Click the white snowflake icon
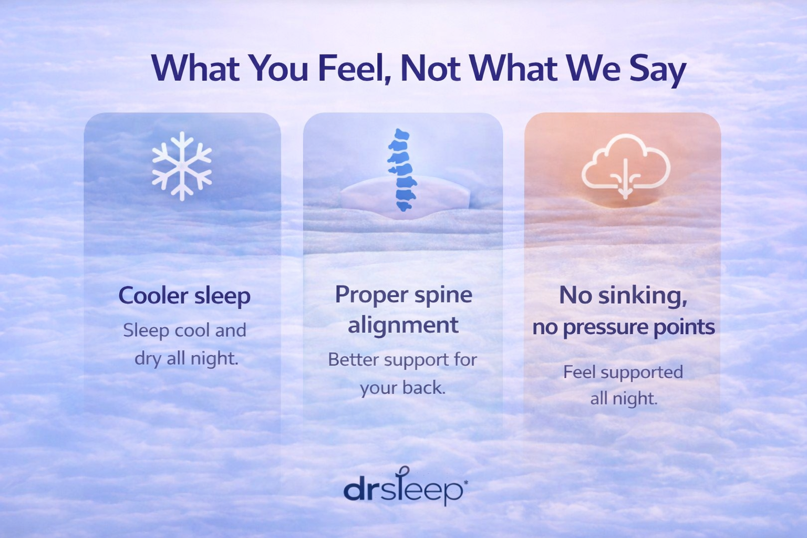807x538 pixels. point(182,166)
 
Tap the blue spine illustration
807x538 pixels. point(402,170)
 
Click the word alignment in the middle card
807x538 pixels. point(403,325)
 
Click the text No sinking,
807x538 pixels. point(623,295)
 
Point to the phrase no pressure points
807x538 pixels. point(624,327)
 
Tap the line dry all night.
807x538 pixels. point(187,359)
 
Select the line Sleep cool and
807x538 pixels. point(184,330)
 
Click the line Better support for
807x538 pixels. point(402,359)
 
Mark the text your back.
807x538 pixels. point(403,388)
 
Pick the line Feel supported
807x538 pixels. point(623,372)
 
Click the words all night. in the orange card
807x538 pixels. point(624,399)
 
